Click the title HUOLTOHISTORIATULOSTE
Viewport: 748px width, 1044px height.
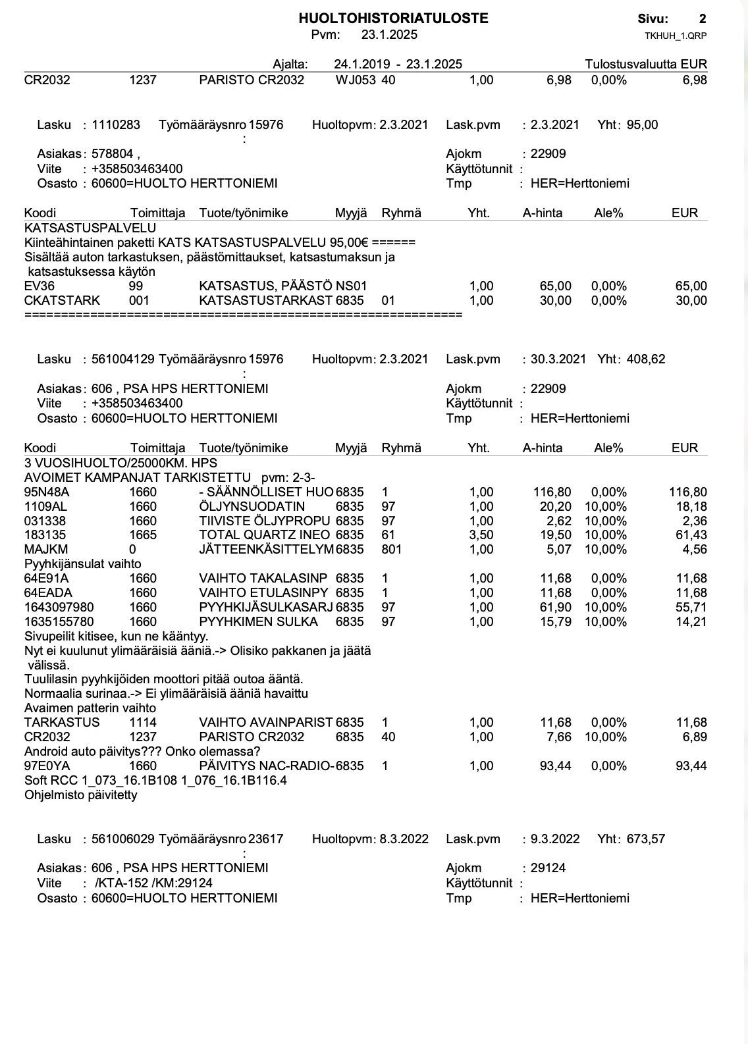point(393,18)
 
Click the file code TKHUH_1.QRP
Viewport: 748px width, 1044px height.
point(676,36)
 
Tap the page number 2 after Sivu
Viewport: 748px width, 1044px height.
point(703,18)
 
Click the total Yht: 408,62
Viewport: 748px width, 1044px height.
point(631,359)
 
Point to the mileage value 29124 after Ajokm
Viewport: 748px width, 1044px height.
point(548,868)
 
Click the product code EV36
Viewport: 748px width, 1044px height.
point(40,286)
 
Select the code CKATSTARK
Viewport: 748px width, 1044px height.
point(62,301)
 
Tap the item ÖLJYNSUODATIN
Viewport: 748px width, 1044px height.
point(252,507)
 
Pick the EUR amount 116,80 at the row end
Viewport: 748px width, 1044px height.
point(688,492)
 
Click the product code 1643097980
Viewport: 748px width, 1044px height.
point(59,608)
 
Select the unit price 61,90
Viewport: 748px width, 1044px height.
point(555,608)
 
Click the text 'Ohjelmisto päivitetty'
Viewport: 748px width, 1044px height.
point(80,795)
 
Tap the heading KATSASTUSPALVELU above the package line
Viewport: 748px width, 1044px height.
point(90,228)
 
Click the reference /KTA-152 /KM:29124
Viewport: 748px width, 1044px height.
point(153,883)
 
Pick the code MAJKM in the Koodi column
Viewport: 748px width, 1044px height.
point(46,550)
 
